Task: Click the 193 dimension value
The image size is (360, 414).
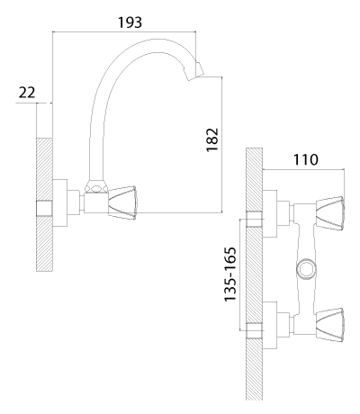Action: click(130, 22)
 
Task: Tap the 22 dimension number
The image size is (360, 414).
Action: click(27, 93)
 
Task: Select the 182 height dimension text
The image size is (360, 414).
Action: click(212, 139)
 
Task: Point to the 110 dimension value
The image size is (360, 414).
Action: click(305, 159)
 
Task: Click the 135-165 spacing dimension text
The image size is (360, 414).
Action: click(230, 274)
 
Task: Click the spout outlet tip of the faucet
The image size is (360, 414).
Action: click(195, 71)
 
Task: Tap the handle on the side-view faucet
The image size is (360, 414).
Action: click(122, 202)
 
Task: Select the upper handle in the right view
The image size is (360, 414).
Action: click(330, 213)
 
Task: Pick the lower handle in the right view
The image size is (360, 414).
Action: click(330, 325)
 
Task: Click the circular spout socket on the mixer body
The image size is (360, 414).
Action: click(306, 268)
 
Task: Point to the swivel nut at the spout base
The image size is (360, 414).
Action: click(96, 186)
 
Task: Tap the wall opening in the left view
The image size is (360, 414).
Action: click(44, 208)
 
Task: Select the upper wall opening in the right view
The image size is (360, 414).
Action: click(254, 220)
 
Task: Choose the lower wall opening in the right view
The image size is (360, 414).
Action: click(254, 330)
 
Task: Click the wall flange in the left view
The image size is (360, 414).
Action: click(60, 202)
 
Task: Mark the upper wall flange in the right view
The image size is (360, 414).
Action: click(269, 213)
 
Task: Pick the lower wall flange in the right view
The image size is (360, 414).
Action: click(269, 325)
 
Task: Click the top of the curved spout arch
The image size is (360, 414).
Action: click(155, 39)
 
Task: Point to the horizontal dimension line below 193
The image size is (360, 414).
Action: click(124, 31)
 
